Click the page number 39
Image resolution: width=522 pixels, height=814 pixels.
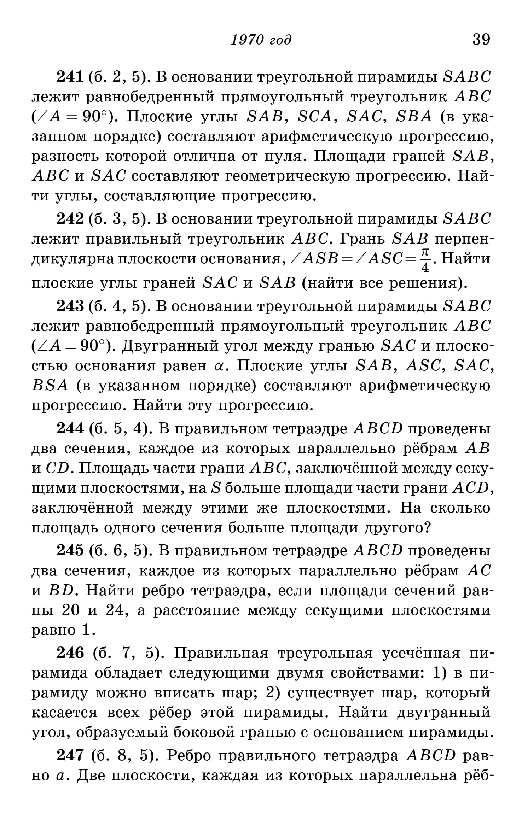pyautogui.click(x=481, y=39)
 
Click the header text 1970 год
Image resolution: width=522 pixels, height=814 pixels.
pyautogui.click(x=261, y=40)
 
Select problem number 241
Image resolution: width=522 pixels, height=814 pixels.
pyautogui.click(x=70, y=77)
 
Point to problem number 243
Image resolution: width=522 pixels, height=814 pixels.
pyautogui.click(x=70, y=306)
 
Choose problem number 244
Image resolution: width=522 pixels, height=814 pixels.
pyautogui.click(x=70, y=429)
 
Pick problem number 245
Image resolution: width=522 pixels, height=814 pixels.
pyautogui.click(x=70, y=551)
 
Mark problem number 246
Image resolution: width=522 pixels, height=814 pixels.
pyautogui.click(x=70, y=654)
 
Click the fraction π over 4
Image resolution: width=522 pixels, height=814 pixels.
pyautogui.click(x=425, y=260)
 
